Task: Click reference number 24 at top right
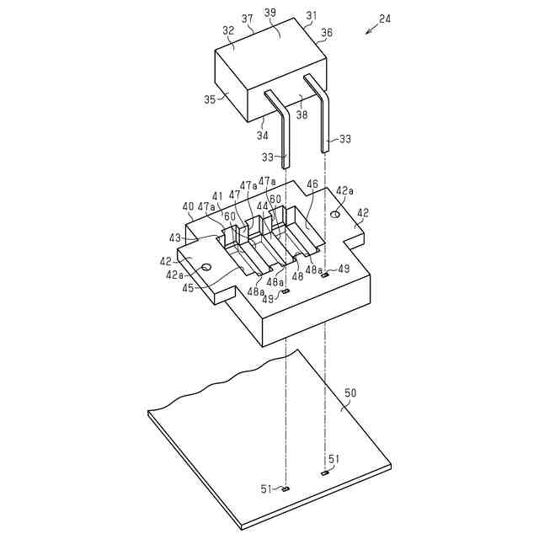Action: tap(385, 18)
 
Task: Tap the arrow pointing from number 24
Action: tap(371, 30)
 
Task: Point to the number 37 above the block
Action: tap(247, 19)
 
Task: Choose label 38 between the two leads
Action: tap(302, 115)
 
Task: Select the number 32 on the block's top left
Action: tap(228, 31)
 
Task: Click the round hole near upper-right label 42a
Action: tap(335, 216)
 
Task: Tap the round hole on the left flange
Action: tap(205, 268)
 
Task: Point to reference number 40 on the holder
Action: tap(188, 206)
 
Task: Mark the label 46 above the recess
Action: tap(312, 183)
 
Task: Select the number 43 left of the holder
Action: tap(175, 238)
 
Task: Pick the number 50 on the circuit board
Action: tap(350, 392)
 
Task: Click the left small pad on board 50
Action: tap(286, 488)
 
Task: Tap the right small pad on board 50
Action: tap(324, 474)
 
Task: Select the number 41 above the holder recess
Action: tap(218, 196)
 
